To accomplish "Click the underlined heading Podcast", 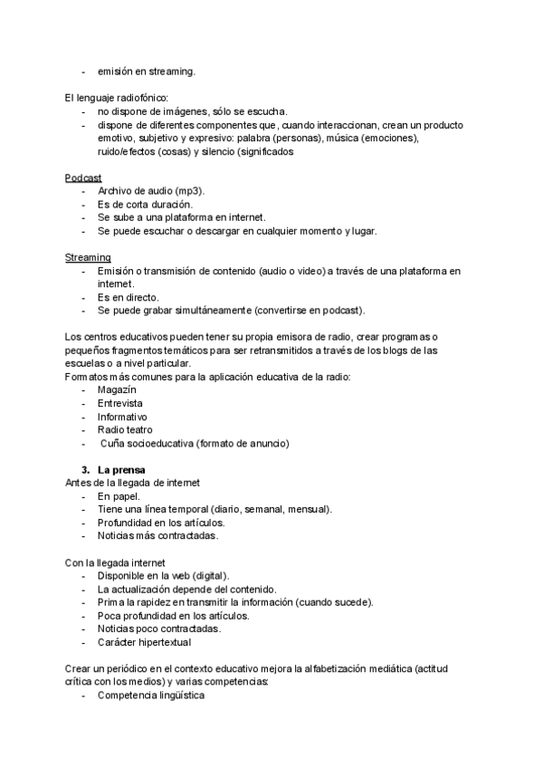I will (83, 178).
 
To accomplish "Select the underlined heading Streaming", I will (88, 257).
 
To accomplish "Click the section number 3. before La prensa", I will (86, 469).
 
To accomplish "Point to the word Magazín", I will (117, 389).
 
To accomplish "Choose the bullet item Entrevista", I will (119, 403).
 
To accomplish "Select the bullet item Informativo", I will (122, 417).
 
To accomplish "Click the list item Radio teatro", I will (125, 429).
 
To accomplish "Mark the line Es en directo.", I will (129, 297).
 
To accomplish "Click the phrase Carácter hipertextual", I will (144, 642).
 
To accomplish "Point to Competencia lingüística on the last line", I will (151, 696).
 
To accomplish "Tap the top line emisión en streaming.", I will (146, 71).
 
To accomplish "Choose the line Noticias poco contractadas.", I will (158, 629).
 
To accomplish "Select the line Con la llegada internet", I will (115, 562).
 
